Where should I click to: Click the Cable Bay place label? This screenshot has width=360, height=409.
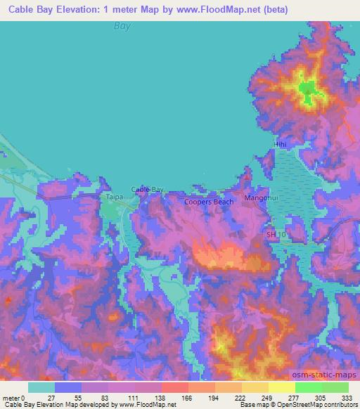[x=148, y=190]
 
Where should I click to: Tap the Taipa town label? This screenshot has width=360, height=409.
[x=115, y=198]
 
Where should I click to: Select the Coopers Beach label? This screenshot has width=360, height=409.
[x=209, y=202]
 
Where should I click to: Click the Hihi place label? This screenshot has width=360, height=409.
[x=281, y=145]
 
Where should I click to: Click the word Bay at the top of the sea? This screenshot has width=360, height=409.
[x=123, y=26]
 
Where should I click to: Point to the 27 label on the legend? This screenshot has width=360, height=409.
[x=55, y=398]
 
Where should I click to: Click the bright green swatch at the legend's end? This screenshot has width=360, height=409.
[x=335, y=387]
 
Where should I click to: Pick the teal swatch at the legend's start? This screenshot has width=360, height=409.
[x=41, y=387]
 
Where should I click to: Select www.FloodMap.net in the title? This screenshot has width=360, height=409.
[x=221, y=10]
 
